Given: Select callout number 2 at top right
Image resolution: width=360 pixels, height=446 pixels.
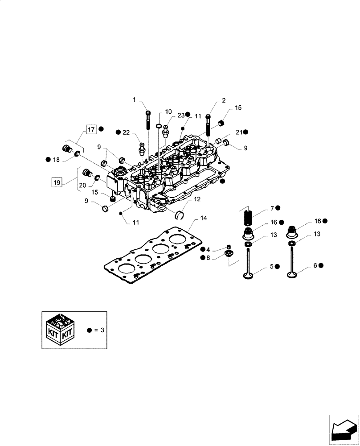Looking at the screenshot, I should tap(224, 100).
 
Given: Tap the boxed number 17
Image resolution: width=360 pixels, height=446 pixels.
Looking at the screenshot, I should tap(91, 130).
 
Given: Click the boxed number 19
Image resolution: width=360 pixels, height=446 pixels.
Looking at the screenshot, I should tap(56, 182).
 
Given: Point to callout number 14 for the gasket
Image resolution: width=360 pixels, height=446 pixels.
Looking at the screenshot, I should tap(204, 218).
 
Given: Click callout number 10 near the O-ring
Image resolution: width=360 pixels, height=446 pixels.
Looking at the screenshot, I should tap(168, 111).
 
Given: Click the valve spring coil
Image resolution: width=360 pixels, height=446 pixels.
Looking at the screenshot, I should tap(248, 219).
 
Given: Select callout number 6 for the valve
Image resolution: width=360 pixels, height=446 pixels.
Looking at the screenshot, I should tap(315, 265).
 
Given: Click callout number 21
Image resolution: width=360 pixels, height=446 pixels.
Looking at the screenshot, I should tap(239, 132).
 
